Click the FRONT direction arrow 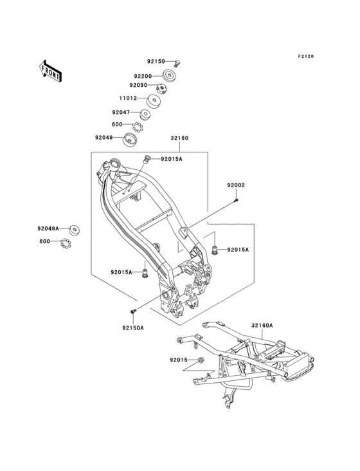click(50, 71)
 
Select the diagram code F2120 click(306, 56)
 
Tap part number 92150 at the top click(156, 61)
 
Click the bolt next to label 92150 click(177, 64)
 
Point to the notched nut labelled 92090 click(162, 88)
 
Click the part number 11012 click(128, 98)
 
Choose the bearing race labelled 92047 click(145, 115)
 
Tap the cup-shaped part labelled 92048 click(130, 140)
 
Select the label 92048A click(48, 228)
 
